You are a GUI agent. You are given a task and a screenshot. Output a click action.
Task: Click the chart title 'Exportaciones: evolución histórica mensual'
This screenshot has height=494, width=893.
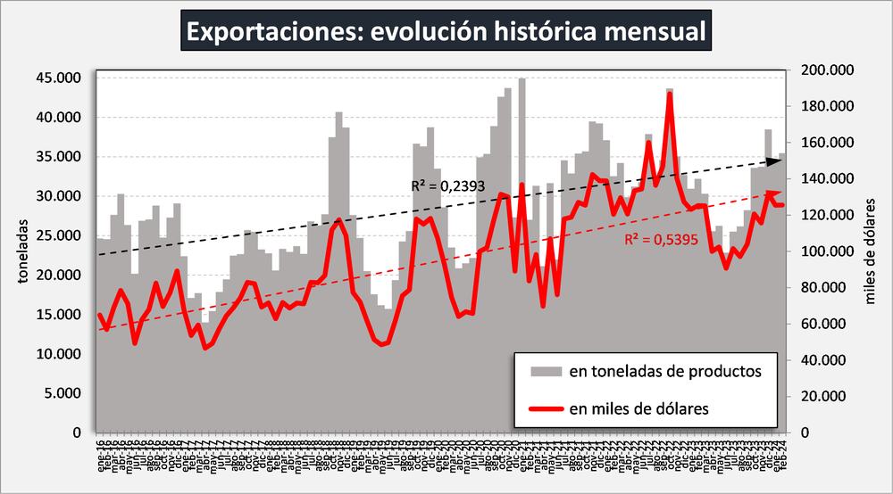[446, 31]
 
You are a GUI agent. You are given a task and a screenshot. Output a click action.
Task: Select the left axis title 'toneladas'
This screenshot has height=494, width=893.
[21, 255]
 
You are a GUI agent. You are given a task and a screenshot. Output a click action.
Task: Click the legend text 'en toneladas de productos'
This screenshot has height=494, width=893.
[664, 371]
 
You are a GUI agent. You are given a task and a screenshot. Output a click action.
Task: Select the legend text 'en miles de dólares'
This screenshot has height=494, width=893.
[638, 408]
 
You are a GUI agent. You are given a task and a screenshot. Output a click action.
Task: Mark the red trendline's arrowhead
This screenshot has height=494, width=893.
[774, 193]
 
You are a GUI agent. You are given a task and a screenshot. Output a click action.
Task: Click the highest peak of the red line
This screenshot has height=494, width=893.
[670, 94]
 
